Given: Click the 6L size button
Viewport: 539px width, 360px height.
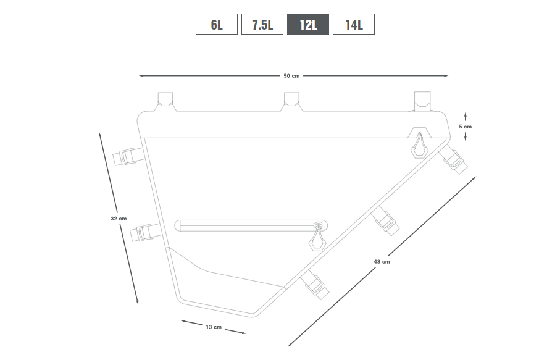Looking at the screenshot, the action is pyautogui.click(x=217, y=25).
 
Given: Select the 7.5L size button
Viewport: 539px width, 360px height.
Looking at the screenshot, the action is pyautogui.click(x=262, y=25).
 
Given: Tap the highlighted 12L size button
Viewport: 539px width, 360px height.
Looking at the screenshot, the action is pyautogui.click(x=308, y=25).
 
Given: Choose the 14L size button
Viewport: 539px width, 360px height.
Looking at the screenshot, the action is pyautogui.click(x=354, y=25).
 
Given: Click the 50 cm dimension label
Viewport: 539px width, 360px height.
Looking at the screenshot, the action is pyautogui.click(x=291, y=76).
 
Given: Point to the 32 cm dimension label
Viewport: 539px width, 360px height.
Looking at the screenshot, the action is pyautogui.click(x=119, y=219).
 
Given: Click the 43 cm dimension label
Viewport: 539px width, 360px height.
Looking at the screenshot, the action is pyautogui.click(x=382, y=262).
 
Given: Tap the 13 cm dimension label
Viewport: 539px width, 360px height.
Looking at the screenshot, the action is pyautogui.click(x=214, y=327).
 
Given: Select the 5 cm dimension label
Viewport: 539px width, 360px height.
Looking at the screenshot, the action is pyautogui.click(x=466, y=127).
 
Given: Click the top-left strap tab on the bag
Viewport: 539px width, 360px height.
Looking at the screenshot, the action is pyautogui.click(x=165, y=101).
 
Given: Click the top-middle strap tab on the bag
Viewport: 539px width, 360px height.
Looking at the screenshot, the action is pyautogui.click(x=291, y=101).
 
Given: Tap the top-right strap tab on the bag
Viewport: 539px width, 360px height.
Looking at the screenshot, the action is pyautogui.click(x=422, y=101).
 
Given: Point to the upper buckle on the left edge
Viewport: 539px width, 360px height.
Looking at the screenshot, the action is pyautogui.click(x=128, y=156).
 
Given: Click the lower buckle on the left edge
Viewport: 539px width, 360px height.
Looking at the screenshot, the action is pyautogui.click(x=146, y=232).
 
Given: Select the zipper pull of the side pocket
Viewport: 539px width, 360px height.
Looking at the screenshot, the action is pyautogui.click(x=317, y=238).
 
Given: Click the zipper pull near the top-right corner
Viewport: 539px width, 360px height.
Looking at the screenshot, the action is pyautogui.click(x=419, y=146).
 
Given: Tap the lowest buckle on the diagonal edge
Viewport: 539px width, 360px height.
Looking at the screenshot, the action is pyautogui.click(x=314, y=284).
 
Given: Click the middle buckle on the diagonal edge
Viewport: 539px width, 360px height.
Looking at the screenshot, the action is pyautogui.click(x=386, y=220).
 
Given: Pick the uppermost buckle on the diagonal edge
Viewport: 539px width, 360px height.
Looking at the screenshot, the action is pyautogui.click(x=453, y=159).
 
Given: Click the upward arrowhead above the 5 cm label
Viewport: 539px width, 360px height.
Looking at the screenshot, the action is pyautogui.click(x=466, y=114).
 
